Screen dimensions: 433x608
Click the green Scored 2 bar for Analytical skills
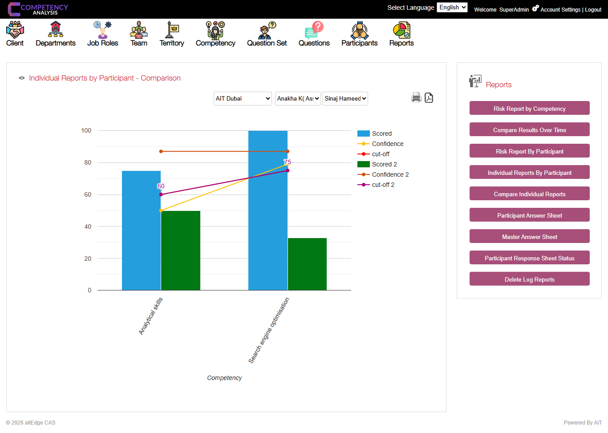[180, 250]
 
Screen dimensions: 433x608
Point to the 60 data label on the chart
[161, 186]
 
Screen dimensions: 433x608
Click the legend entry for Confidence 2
[390, 174]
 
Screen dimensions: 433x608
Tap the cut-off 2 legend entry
[383, 185]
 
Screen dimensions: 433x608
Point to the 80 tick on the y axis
[88, 162]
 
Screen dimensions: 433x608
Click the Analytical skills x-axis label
[151, 316]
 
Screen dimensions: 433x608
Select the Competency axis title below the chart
[224, 378]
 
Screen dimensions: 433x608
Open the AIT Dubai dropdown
[243, 98]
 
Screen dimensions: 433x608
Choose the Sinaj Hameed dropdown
[345, 98]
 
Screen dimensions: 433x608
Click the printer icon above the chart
[416, 97]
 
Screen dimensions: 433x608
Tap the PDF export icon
[429, 97]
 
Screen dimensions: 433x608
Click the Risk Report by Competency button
[529, 109]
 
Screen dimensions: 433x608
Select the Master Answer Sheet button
[529, 237]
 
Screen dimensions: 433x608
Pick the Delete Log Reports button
[529, 279]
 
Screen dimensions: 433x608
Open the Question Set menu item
[267, 34]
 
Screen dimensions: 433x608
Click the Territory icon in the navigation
[172, 30]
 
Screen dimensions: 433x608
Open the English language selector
[452, 8]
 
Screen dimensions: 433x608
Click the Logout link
[593, 10]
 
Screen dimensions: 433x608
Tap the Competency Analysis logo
[38, 9]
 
